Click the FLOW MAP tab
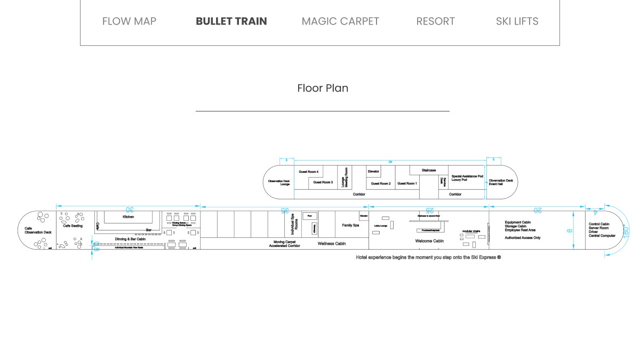[129, 21]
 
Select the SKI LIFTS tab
[517, 21]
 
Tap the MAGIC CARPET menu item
[340, 21]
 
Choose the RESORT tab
[435, 21]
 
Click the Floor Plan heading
[323, 88]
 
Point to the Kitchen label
[129, 217]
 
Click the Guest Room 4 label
[308, 172]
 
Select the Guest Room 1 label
[407, 183]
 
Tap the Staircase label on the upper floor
[429, 170]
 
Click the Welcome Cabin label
[429, 241]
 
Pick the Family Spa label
[350, 226]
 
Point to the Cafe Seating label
[73, 226]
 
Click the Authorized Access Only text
[523, 238]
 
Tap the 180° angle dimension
[626, 233]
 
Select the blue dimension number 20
[537, 211]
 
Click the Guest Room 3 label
[323, 182]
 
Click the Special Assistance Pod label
[467, 176]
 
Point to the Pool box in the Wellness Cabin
[309, 215]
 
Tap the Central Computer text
[602, 236]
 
